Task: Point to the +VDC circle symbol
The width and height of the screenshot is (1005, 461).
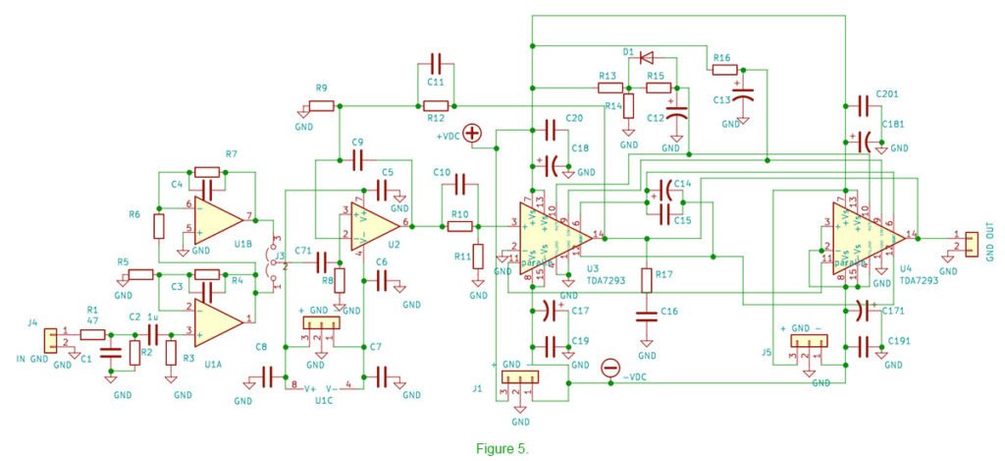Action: point(474,134)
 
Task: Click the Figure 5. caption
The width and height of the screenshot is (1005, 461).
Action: point(502,448)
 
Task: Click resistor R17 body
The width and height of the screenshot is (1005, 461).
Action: point(647,280)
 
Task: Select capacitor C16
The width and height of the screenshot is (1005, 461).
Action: point(647,316)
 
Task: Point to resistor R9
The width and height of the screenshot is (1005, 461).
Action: point(321,105)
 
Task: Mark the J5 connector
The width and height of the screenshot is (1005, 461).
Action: point(809,341)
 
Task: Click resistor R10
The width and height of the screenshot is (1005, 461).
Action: point(460,226)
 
